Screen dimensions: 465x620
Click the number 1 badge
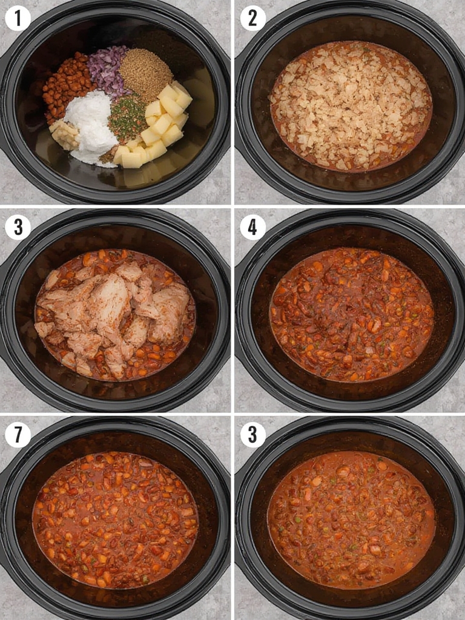[18, 19]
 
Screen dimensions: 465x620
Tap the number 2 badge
[252, 18]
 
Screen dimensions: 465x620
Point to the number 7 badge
[18, 435]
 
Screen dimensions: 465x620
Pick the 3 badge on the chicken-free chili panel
[252, 435]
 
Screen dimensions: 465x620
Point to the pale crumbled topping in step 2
[350, 105]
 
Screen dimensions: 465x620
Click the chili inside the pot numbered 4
[352, 314]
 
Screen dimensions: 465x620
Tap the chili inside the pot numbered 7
[114, 520]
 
